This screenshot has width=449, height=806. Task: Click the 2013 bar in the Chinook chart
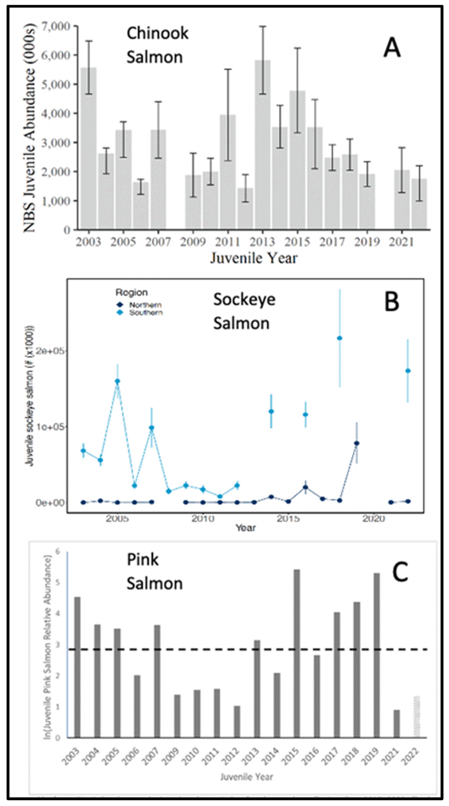point(263,144)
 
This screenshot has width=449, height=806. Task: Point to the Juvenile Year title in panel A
point(253,258)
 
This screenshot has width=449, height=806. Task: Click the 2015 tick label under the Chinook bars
point(297,242)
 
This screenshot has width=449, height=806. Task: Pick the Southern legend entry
point(146,313)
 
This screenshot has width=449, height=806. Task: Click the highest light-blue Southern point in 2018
point(340,338)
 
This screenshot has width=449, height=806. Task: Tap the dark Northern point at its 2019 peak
point(356,443)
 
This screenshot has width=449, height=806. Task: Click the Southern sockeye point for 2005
point(117,381)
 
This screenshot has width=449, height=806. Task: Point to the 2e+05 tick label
point(50,351)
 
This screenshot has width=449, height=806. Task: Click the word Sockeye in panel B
point(244,300)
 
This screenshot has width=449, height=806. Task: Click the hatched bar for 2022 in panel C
point(416,717)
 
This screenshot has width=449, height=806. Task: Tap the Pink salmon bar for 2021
point(397,724)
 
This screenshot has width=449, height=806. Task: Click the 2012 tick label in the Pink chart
point(233,756)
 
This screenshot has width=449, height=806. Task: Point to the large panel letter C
point(400,572)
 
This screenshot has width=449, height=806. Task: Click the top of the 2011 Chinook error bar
point(228,69)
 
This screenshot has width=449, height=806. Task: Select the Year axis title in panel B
point(246,528)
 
